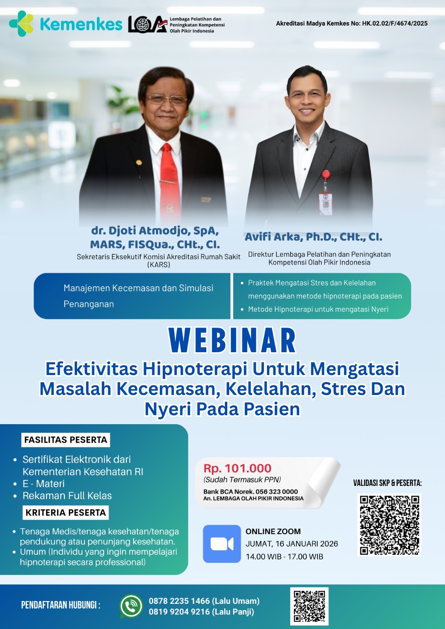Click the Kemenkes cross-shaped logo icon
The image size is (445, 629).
click(x=21, y=24)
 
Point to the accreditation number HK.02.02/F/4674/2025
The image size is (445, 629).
click(x=395, y=24)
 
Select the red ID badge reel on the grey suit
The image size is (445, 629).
click(x=326, y=175)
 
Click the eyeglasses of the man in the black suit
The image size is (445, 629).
click(x=167, y=99)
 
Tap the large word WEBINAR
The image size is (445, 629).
click(x=232, y=340)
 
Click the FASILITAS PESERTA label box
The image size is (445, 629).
click(x=65, y=440)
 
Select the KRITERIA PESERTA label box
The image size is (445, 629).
click(x=65, y=513)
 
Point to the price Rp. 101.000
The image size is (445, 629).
click(x=237, y=468)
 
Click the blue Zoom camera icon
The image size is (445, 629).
click(x=222, y=544)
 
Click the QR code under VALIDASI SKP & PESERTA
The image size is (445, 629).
click(x=389, y=525)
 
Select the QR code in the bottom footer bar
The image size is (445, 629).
click(x=310, y=606)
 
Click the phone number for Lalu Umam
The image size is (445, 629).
click(x=179, y=601)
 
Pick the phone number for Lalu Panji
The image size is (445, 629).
click(x=179, y=612)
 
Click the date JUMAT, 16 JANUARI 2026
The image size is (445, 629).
click(x=292, y=544)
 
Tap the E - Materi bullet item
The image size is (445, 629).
click(x=44, y=484)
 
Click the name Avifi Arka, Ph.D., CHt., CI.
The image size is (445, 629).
click(x=313, y=237)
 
